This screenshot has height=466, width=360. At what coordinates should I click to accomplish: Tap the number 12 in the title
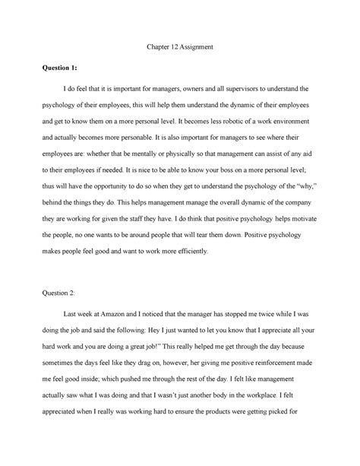tap(173, 48)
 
